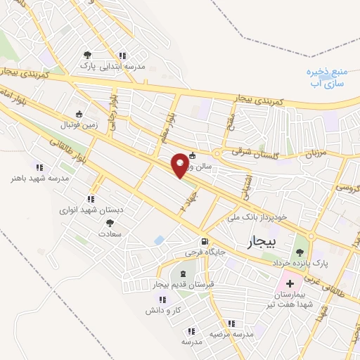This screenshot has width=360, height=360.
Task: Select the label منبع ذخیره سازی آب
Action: [x=328, y=77]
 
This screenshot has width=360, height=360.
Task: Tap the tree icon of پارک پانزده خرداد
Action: [x=300, y=251]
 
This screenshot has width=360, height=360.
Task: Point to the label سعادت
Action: [x=110, y=233]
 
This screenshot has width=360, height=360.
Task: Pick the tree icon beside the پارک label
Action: [x=87, y=55]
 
